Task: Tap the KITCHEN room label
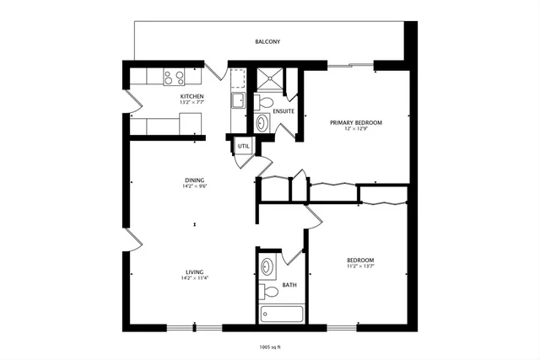click(192, 97)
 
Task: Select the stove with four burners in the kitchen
click(174, 78)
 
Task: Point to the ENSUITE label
click(283, 110)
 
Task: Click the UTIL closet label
click(243, 146)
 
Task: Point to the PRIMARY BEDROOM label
click(355, 123)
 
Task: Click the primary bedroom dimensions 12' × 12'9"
click(355, 130)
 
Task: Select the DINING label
click(195, 180)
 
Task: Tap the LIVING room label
click(195, 271)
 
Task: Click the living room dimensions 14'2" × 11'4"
click(195, 278)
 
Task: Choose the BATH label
click(289, 285)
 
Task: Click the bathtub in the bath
click(279, 314)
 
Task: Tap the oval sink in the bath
click(267, 268)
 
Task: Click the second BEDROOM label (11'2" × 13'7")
click(360, 260)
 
